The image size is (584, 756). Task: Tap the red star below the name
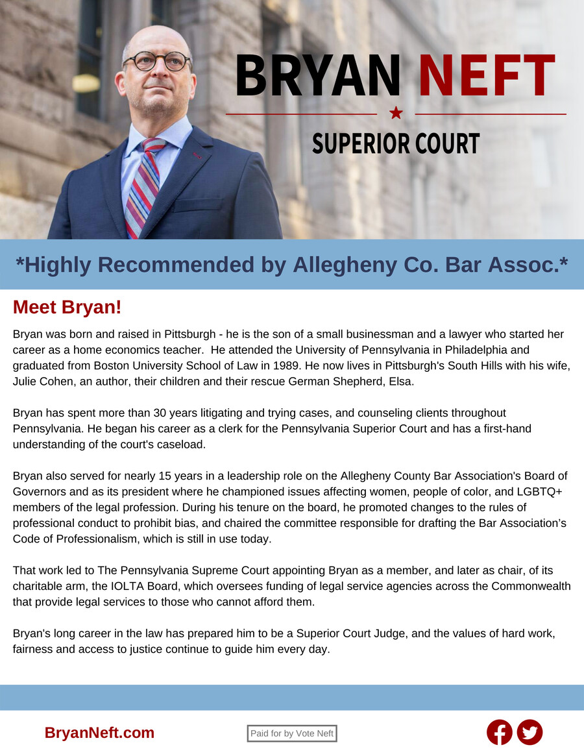pyautogui.click(x=396, y=114)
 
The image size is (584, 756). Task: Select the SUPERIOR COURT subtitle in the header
pyautogui.click(x=396, y=143)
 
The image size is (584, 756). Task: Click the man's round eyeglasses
pyautogui.click(x=157, y=62)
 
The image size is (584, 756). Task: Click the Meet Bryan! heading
pyautogui.click(x=67, y=308)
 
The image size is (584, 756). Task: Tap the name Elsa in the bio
pyautogui.click(x=400, y=381)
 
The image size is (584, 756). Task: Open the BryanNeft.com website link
pyautogui.click(x=99, y=733)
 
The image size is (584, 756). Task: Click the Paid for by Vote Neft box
pyautogui.click(x=292, y=733)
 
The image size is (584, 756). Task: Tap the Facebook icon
pyautogui.click(x=499, y=733)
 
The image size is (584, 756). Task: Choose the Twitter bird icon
pyautogui.click(x=529, y=733)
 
